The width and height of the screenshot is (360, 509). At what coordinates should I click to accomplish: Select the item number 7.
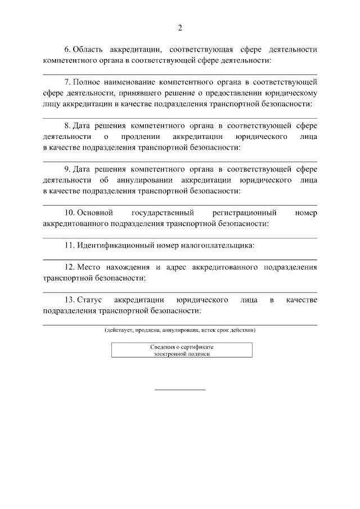[67, 83]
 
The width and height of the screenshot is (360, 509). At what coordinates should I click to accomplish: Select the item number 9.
[67, 169]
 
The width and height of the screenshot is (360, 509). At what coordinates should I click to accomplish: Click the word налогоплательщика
[220, 245]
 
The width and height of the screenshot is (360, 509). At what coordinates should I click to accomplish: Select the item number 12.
[69, 267]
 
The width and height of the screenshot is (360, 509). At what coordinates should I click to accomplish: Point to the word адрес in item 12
[175, 267]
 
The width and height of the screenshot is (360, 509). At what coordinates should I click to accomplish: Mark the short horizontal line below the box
[180, 390]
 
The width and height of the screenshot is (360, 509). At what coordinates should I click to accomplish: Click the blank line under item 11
[180, 259]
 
